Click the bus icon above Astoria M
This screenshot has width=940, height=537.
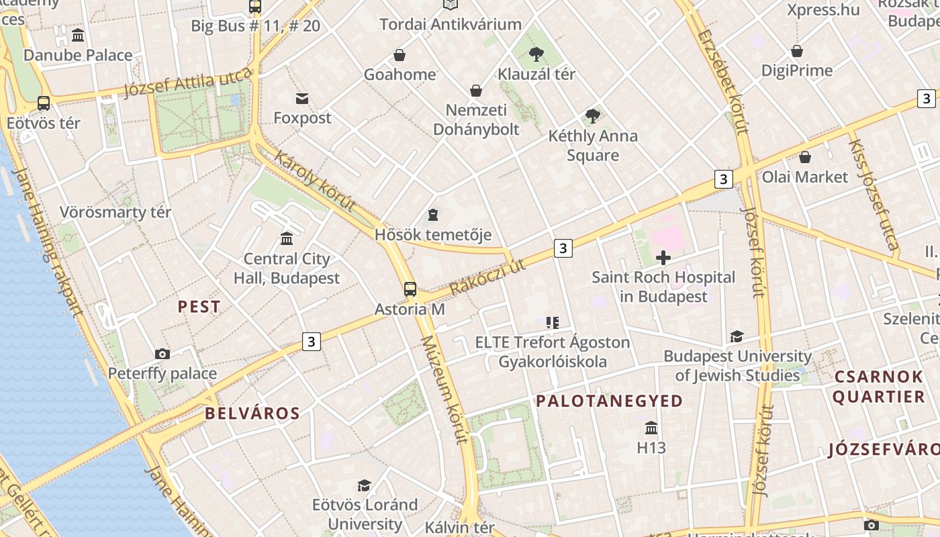410,289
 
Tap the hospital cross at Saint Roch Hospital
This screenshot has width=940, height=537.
663,258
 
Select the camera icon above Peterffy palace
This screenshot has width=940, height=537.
162,354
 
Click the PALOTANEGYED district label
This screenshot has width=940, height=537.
609,401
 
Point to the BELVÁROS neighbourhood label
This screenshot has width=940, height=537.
252,413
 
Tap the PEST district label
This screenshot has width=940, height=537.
199,307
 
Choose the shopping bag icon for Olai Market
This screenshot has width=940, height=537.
805,158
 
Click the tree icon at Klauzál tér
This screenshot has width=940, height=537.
536,54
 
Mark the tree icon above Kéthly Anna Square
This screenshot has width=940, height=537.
592,116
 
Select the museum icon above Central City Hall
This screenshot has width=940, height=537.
287,238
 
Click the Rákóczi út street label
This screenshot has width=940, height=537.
487,277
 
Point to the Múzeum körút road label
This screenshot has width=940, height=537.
444,389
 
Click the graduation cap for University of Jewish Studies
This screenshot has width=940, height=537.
737,336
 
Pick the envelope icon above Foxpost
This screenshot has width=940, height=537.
302,99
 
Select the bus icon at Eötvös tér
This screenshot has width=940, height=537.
44,103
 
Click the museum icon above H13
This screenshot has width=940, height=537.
651,428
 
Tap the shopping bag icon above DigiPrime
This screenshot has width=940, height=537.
797,51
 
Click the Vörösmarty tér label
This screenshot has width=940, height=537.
115,212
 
